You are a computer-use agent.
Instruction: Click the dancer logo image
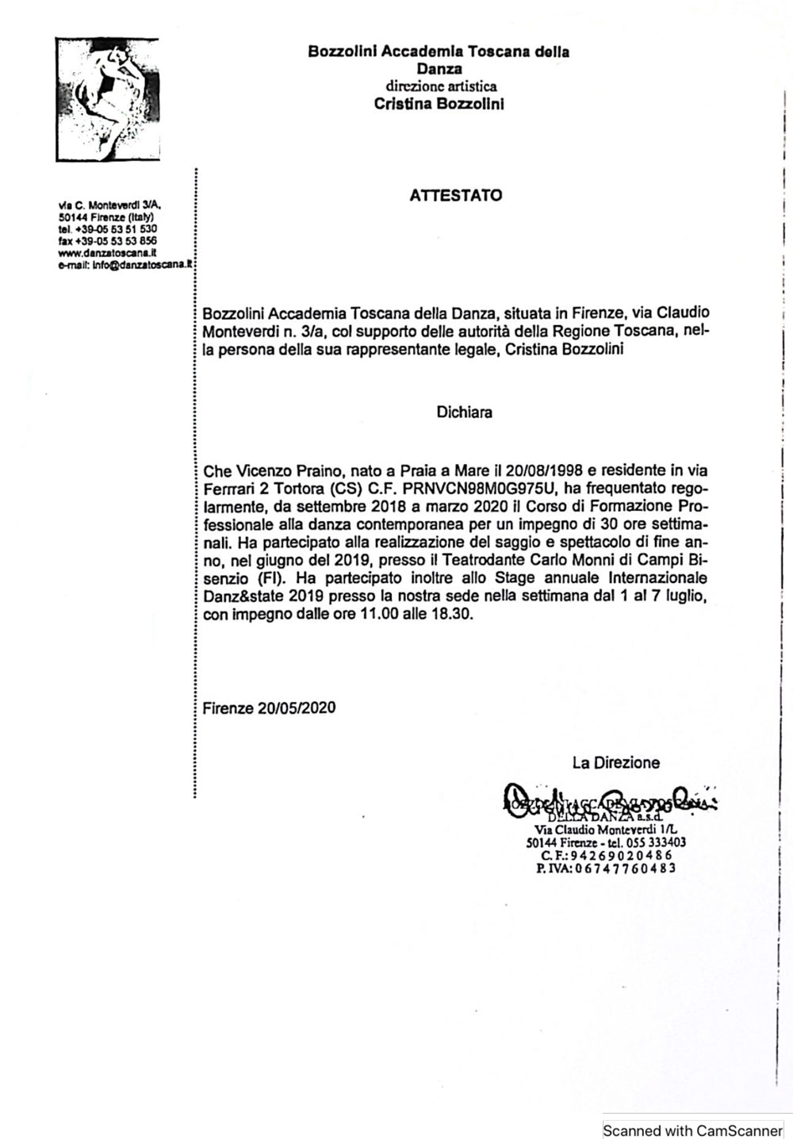107,99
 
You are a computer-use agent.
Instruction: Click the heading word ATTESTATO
456,195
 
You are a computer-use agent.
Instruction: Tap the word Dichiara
464,412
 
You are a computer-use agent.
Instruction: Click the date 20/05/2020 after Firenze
297,708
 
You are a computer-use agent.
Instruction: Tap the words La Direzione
616,763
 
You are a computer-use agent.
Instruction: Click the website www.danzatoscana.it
107,253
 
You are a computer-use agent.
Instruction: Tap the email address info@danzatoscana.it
143,265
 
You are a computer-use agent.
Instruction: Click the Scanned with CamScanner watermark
692,1130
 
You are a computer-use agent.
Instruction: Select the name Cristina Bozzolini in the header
439,104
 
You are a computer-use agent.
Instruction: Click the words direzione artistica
442,86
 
